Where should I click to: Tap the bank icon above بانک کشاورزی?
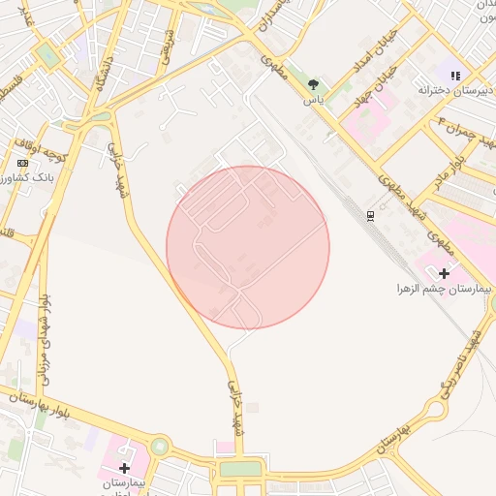tap(22, 163)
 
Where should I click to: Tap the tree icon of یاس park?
tap(313, 84)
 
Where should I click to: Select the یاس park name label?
tap(313, 100)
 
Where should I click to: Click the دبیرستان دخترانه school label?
tap(455, 90)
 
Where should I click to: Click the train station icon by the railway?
tap(369, 214)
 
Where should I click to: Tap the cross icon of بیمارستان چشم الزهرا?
tap(445, 273)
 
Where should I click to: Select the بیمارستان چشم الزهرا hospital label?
tap(445, 289)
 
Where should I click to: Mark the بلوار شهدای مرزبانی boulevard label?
tap(43, 339)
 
